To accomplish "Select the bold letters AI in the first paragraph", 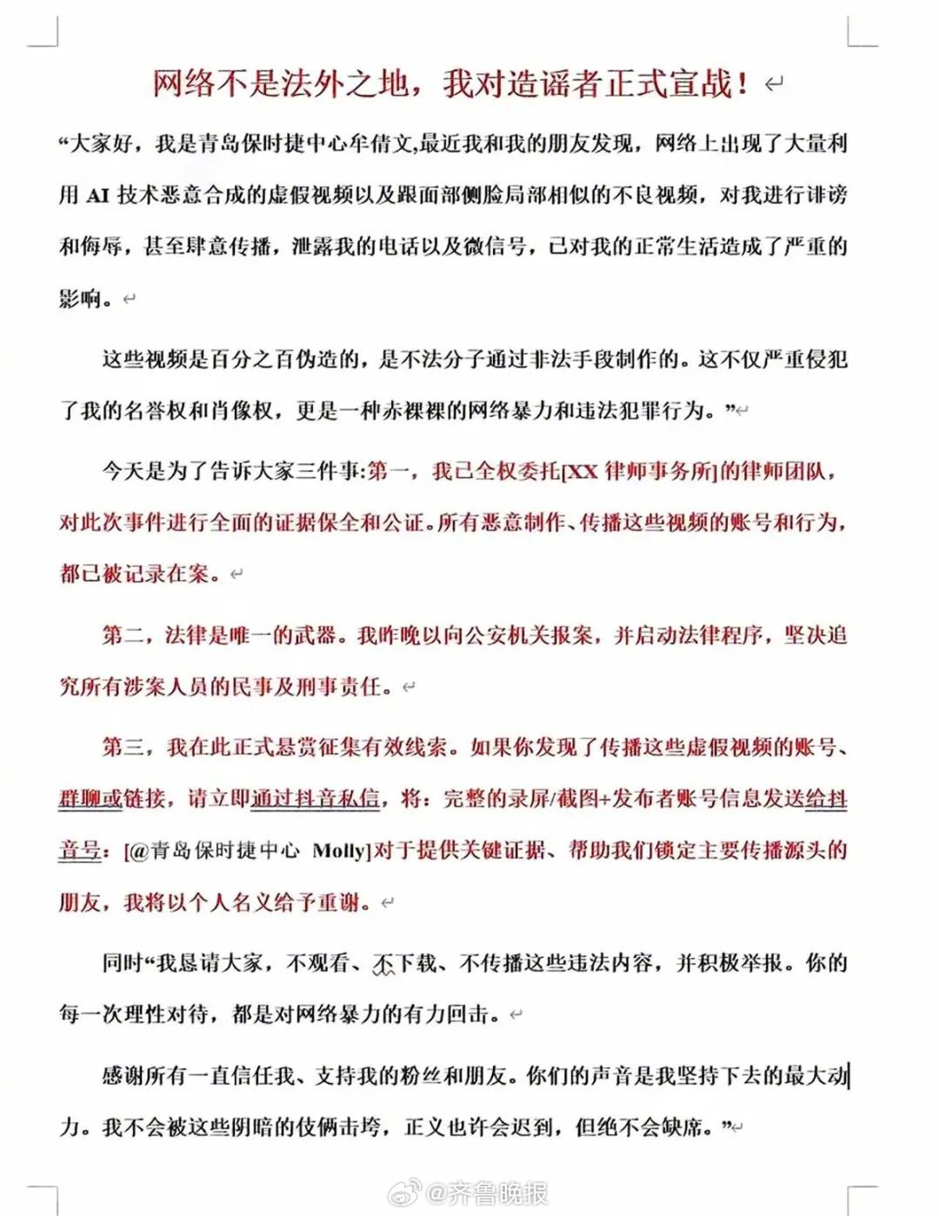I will [97, 195].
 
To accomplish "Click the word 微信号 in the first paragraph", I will [495, 246].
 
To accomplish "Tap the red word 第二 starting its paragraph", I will [123, 635].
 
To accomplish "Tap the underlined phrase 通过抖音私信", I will [315, 799].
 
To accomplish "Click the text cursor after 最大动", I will [849, 1076].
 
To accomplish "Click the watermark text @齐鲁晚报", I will [487, 1193].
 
